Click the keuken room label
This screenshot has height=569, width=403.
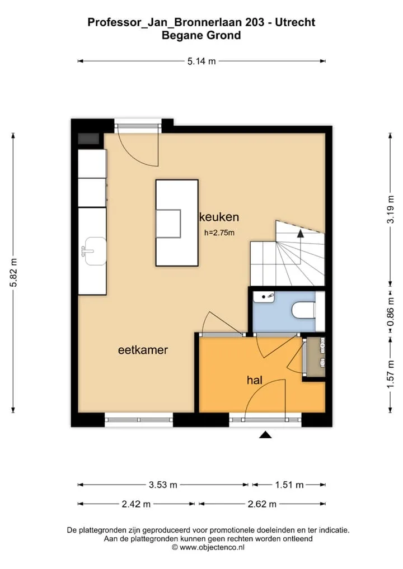click(x=219, y=217)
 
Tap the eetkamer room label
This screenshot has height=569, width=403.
click(x=143, y=350)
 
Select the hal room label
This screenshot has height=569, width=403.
click(x=254, y=380)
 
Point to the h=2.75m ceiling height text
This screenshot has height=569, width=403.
click(x=219, y=233)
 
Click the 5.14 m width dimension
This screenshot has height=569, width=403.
click(x=201, y=61)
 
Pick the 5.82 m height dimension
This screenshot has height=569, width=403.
click(x=13, y=273)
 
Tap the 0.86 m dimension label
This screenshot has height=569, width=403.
click(x=390, y=312)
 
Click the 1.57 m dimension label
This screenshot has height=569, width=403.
click(x=390, y=374)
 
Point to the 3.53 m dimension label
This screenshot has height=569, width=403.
click(x=163, y=485)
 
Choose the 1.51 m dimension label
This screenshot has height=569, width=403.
click(x=289, y=485)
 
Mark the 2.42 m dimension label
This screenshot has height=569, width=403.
click(x=136, y=504)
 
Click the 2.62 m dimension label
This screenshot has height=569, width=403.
click(x=262, y=504)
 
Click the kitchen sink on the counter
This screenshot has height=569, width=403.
click(x=94, y=251)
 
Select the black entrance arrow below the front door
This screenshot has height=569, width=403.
click(x=266, y=435)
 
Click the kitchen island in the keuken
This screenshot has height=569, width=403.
click(x=177, y=223)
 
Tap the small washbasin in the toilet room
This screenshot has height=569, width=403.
click(x=264, y=297)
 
